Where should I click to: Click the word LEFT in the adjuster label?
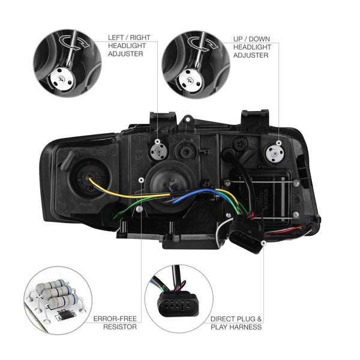(116, 37)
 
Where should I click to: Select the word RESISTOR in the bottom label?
(120, 327)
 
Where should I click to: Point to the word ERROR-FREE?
(115, 319)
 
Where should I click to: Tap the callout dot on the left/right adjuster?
(157, 142)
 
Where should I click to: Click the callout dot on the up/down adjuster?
(279, 143)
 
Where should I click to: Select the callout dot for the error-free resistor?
(142, 180)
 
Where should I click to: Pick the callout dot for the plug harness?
(263, 242)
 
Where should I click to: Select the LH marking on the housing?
(139, 157)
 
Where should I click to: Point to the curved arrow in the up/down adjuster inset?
(203, 44)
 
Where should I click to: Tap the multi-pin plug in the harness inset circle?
(178, 304)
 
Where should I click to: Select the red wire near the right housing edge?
(284, 231)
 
